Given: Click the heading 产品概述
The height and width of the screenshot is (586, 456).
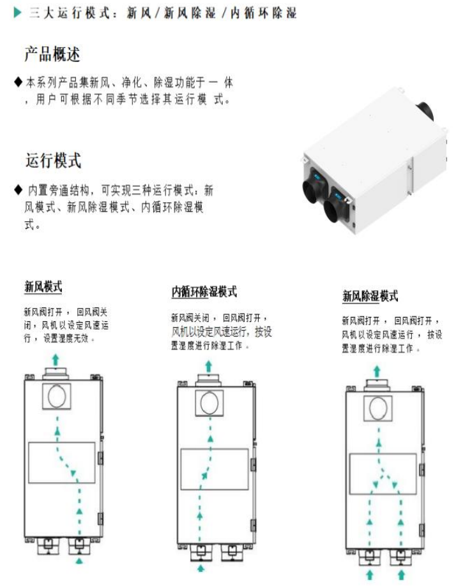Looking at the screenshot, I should [52, 55].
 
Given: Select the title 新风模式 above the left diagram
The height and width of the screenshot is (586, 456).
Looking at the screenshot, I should [43, 288].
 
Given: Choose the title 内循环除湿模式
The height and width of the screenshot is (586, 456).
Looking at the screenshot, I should [204, 292].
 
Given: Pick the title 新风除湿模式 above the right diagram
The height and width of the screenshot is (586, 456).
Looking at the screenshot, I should [370, 297].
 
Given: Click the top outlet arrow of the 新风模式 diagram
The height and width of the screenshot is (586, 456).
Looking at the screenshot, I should [56, 359].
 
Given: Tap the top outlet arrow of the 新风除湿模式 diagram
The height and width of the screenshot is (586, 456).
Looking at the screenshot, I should [377, 370].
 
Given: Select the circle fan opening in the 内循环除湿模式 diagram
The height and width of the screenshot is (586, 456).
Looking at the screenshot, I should [208, 402].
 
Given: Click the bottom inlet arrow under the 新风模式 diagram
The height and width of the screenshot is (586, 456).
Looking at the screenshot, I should [79, 560].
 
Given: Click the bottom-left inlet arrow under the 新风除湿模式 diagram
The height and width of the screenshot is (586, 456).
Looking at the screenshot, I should [370, 574].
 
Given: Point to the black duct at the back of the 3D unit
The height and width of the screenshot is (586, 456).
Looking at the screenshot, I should [425, 110].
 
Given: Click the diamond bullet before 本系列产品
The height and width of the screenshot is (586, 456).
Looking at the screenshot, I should [18, 83].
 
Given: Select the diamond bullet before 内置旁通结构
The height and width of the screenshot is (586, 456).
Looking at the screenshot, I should [18, 191].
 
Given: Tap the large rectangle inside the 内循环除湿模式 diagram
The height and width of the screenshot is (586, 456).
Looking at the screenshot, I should [214, 469].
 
